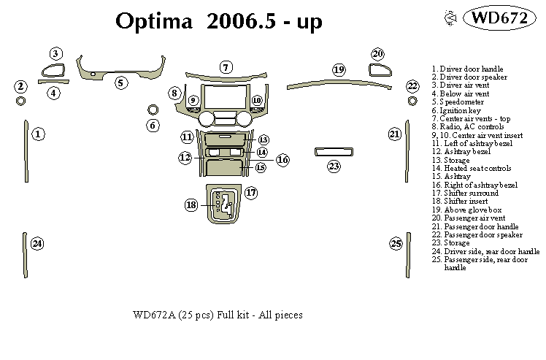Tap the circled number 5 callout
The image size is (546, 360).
pyautogui.click(x=121, y=83)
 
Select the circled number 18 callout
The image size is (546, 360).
pyautogui.click(x=191, y=205)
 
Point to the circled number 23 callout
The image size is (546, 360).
pyautogui.click(x=334, y=166)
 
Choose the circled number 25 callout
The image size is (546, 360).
pyautogui.click(x=396, y=243)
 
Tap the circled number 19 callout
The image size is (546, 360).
pyautogui.click(x=339, y=69)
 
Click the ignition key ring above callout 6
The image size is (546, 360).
pyautogui.click(x=153, y=110)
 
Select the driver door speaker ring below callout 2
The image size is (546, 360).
pyautogui.click(x=20, y=100)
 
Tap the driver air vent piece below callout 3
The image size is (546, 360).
pyautogui.click(x=53, y=72)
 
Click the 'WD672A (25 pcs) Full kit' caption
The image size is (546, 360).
pyautogui.click(x=218, y=315)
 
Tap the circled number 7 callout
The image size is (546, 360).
pyautogui.click(x=226, y=67)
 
